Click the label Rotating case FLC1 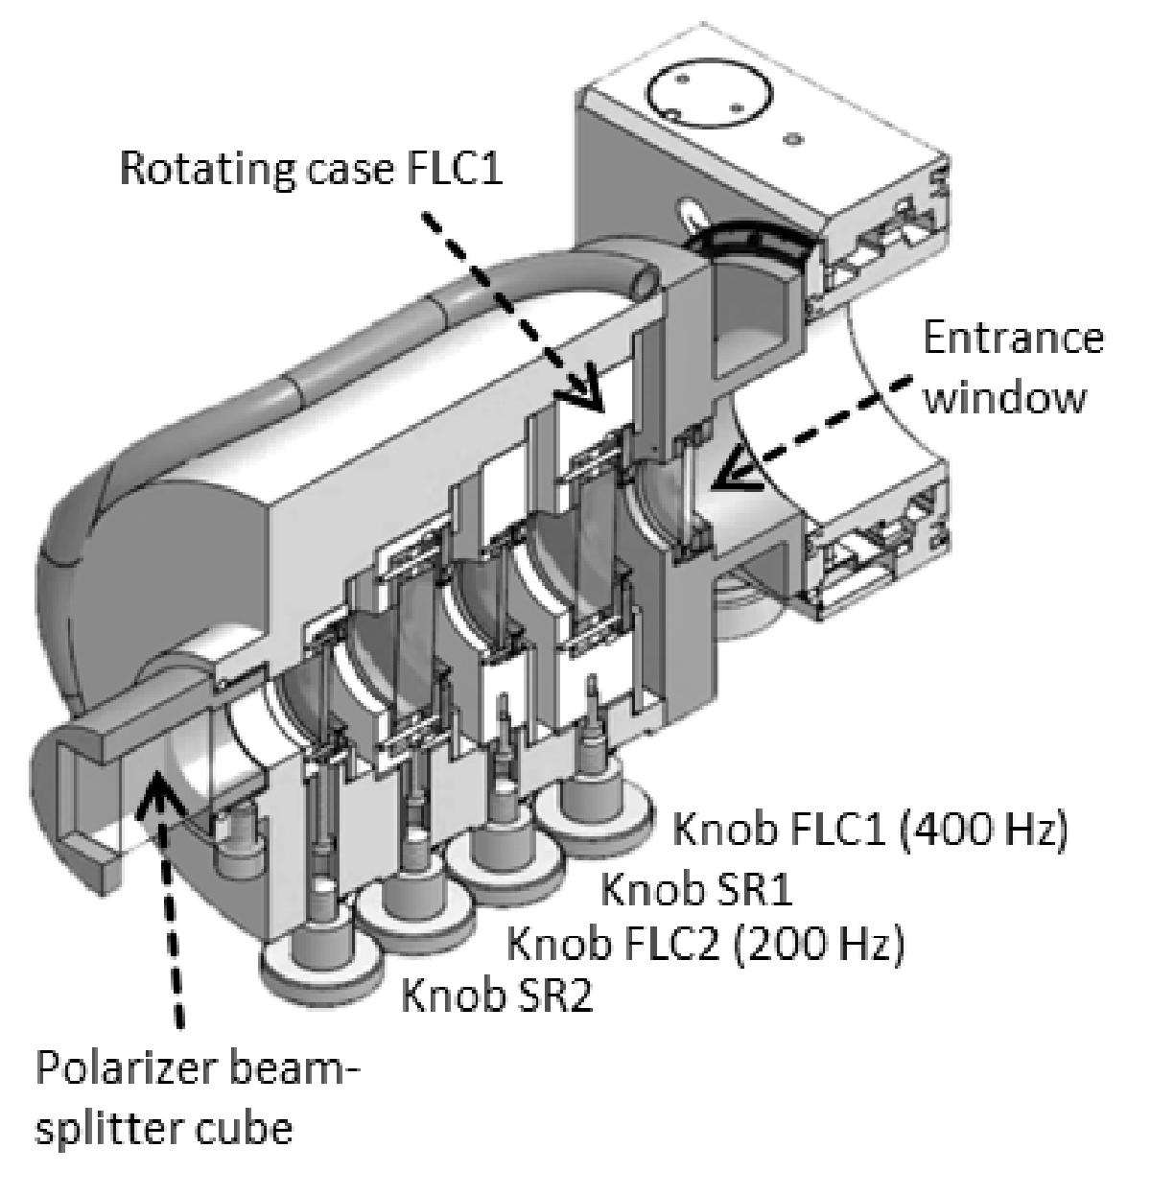pyautogui.click(x=311, y=169)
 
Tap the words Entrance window pyautogui.click(x=1015, y=368)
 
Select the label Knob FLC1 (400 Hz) pyautogui.click(x=869, y=831)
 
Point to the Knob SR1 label pyautogui.click(x=694, y=889)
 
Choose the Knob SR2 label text pyautogui.click(x=498, y=997)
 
